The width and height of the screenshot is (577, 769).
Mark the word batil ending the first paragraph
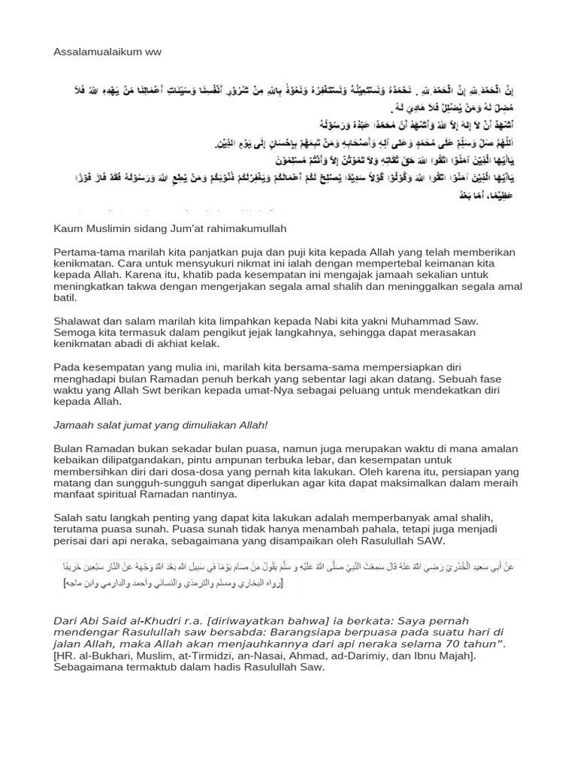coord(65,297)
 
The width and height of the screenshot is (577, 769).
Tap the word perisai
coord(72,541)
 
